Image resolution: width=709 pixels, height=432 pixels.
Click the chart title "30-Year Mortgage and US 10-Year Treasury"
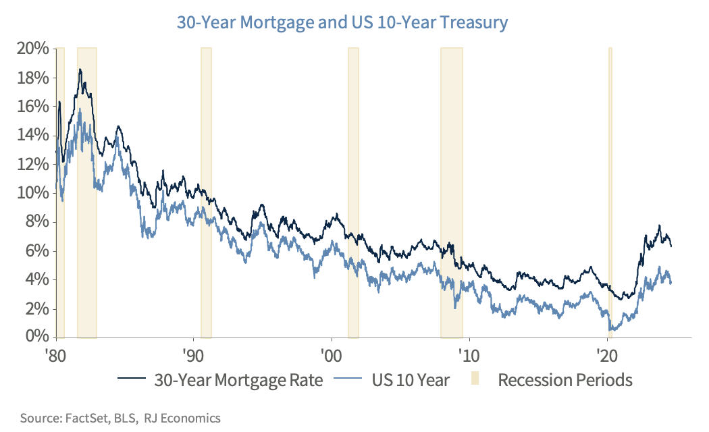pyautogui.click(x=342, y=22)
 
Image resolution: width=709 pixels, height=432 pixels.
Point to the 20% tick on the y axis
pyautogui.click(x=33, y=49)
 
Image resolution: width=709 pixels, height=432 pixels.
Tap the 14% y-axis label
pyautogui.click(x=33, y=135)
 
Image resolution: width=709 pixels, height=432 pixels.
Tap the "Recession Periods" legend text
pyautogui.click(x=565, y=380)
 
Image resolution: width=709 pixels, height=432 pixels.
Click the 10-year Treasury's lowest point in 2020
pyautogui.click(x=612, y=329)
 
